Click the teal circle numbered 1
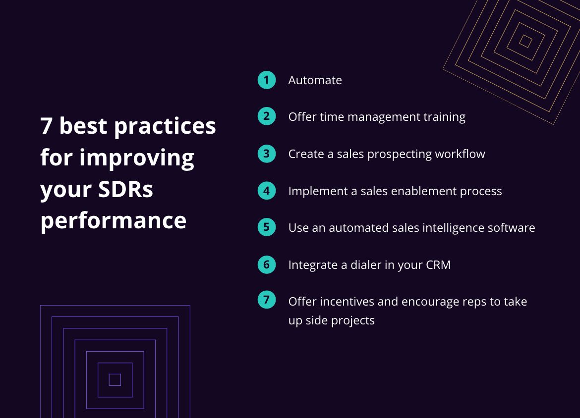click(267, 80)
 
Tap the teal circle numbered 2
click(267, 116)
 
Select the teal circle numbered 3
click(267, 154)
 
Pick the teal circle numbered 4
click(267, 191)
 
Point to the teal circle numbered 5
click(267, 227)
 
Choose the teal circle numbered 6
click(267, 264)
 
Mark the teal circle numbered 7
click(267, 300)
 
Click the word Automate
click(315, 80)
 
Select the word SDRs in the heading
click(125, 189)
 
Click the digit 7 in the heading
click(46, 126)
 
